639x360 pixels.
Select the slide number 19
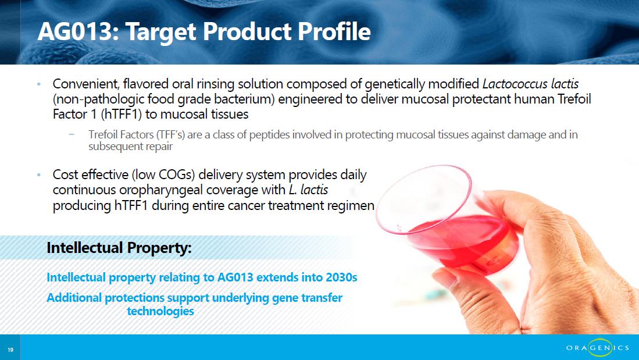[x=10, y=350]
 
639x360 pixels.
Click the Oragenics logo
[x=597, y=348]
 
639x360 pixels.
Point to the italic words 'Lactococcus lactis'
[x=530, y=84]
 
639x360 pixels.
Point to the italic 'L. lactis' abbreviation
[x=308, y=190]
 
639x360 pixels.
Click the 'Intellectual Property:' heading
[x=119, y=248]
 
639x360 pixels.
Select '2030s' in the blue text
[x=341, y=277]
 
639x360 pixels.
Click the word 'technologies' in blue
[x=160, y=311]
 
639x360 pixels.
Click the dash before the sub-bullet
[x=72, y=134]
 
